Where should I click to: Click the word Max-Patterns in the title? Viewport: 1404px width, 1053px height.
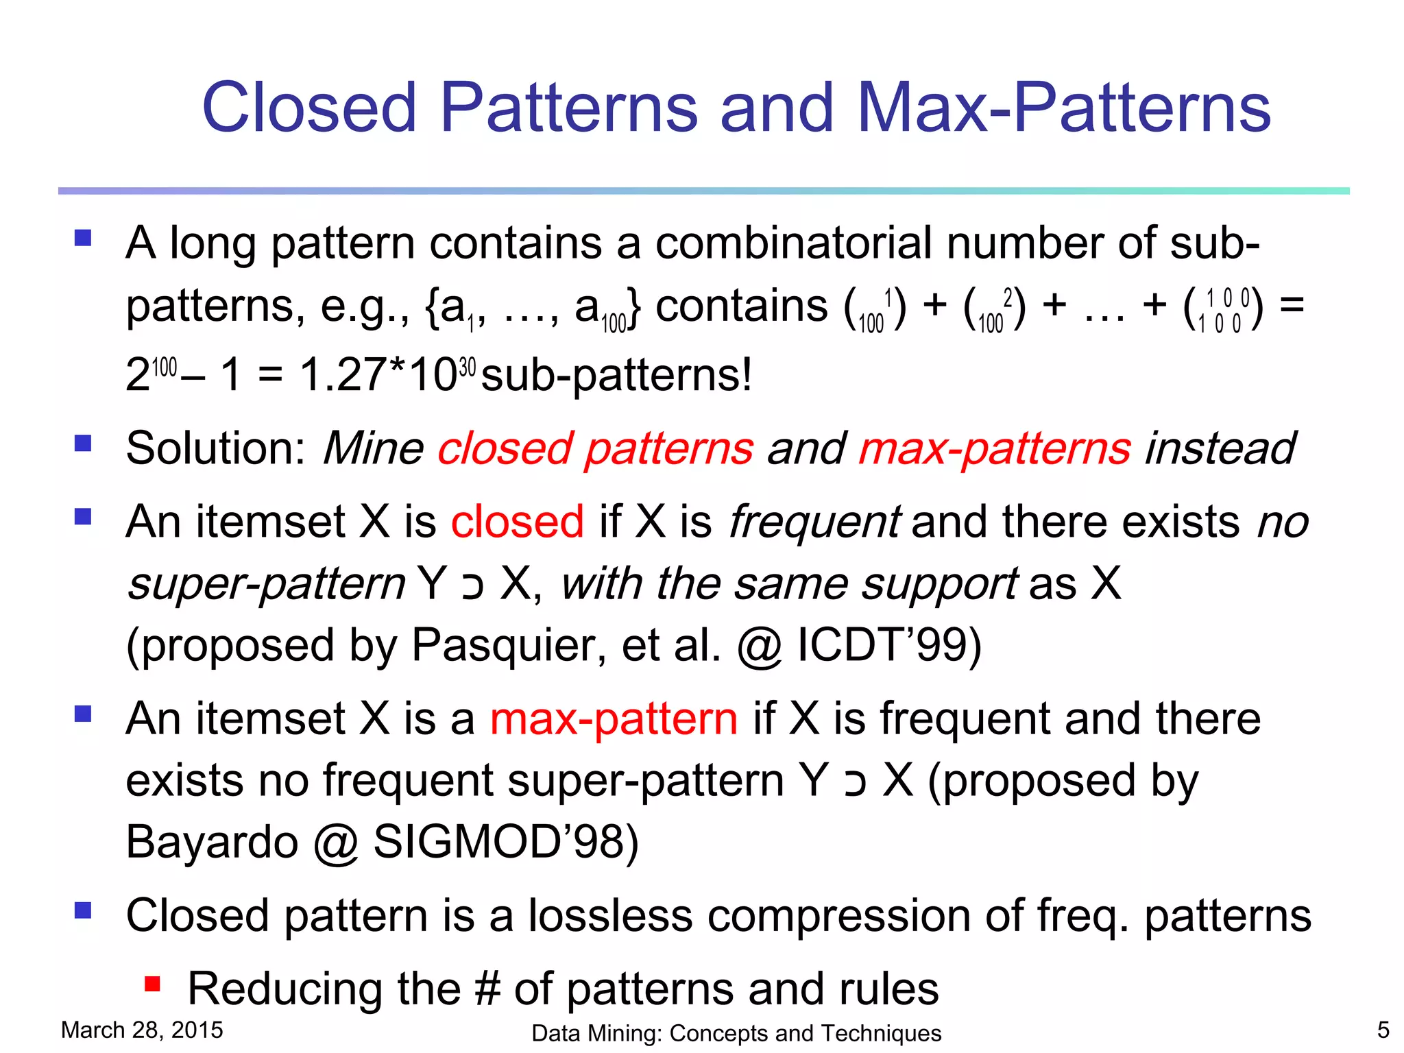(x=1064, y=108)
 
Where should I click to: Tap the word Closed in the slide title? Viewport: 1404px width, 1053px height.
(x=309, y=108)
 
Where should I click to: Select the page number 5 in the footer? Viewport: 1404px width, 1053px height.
(x=1383, y=1030)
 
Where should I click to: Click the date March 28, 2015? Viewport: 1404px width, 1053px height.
(x=142, y=1030)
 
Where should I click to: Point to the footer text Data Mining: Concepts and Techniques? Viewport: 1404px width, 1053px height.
(x=736, y=1033)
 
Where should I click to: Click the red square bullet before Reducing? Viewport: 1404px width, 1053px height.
(x=152, y=985)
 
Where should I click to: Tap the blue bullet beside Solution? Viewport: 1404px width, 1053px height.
(x=83, y=444)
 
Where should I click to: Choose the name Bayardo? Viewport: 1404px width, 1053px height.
(x=212, y=842)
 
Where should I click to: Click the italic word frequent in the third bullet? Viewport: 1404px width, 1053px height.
(x=814, y=522)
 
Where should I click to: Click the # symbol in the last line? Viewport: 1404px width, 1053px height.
(x=487, y=989)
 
